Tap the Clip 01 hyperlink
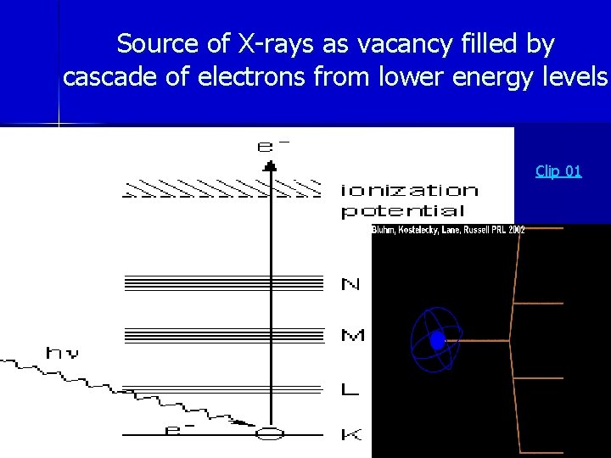pyautogui.click(x=558, y=171)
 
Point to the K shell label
pyautogui.click(x=350, y=435)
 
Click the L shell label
pyautogui.click(x=350, y=390)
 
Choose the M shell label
pyautogui.click(x=352, y=336)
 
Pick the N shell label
pyautogui.click(x=350, y=284)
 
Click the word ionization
pyautogui.click(x=409, y=190)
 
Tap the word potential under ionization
pyautogui.click(x=402, y=211)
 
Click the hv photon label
pyautogui.click(x=63, y=353)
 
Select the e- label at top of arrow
pyautogui.click(x=272, y=146)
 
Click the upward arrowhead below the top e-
pyautogui.click(x=270, y=165)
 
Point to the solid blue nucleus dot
pyautogui.click(x=437, y=341)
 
